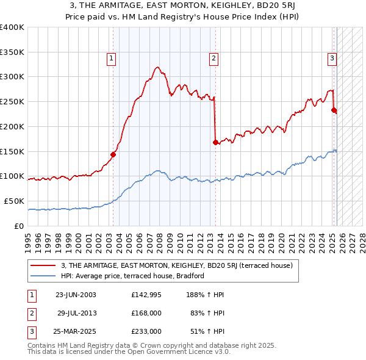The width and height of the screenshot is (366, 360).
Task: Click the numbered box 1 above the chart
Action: pyautogui.click(x=112, y=59)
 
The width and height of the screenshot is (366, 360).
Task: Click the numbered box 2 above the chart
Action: pyautogui.click(x=214, y=59)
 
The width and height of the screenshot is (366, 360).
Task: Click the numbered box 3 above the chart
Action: pyautogui.click(x=332, y=59)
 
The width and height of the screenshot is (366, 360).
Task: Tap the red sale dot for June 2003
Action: pyautogui.click(x=113, y=154)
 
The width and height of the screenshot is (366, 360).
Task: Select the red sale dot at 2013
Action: pyautogui.click(x=215, y=142)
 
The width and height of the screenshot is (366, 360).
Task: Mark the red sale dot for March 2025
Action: pyautogui.click(x=334, y=110)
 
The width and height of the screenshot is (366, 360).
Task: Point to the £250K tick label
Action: pyautogui.click(x=12, y=101)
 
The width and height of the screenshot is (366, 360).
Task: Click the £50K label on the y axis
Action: pyautogui.click(x=14, y=201)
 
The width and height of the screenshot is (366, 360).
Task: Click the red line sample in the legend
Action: pyautogui.click(x=43, y=265)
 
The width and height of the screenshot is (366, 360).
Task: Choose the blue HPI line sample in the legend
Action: pyautogui.click(x=43, y=276)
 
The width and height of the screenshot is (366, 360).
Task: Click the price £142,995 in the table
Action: pyautogui.click(x=146, y=295)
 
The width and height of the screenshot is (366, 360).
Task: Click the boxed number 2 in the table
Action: pyautogui.click(x=31, y=313)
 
